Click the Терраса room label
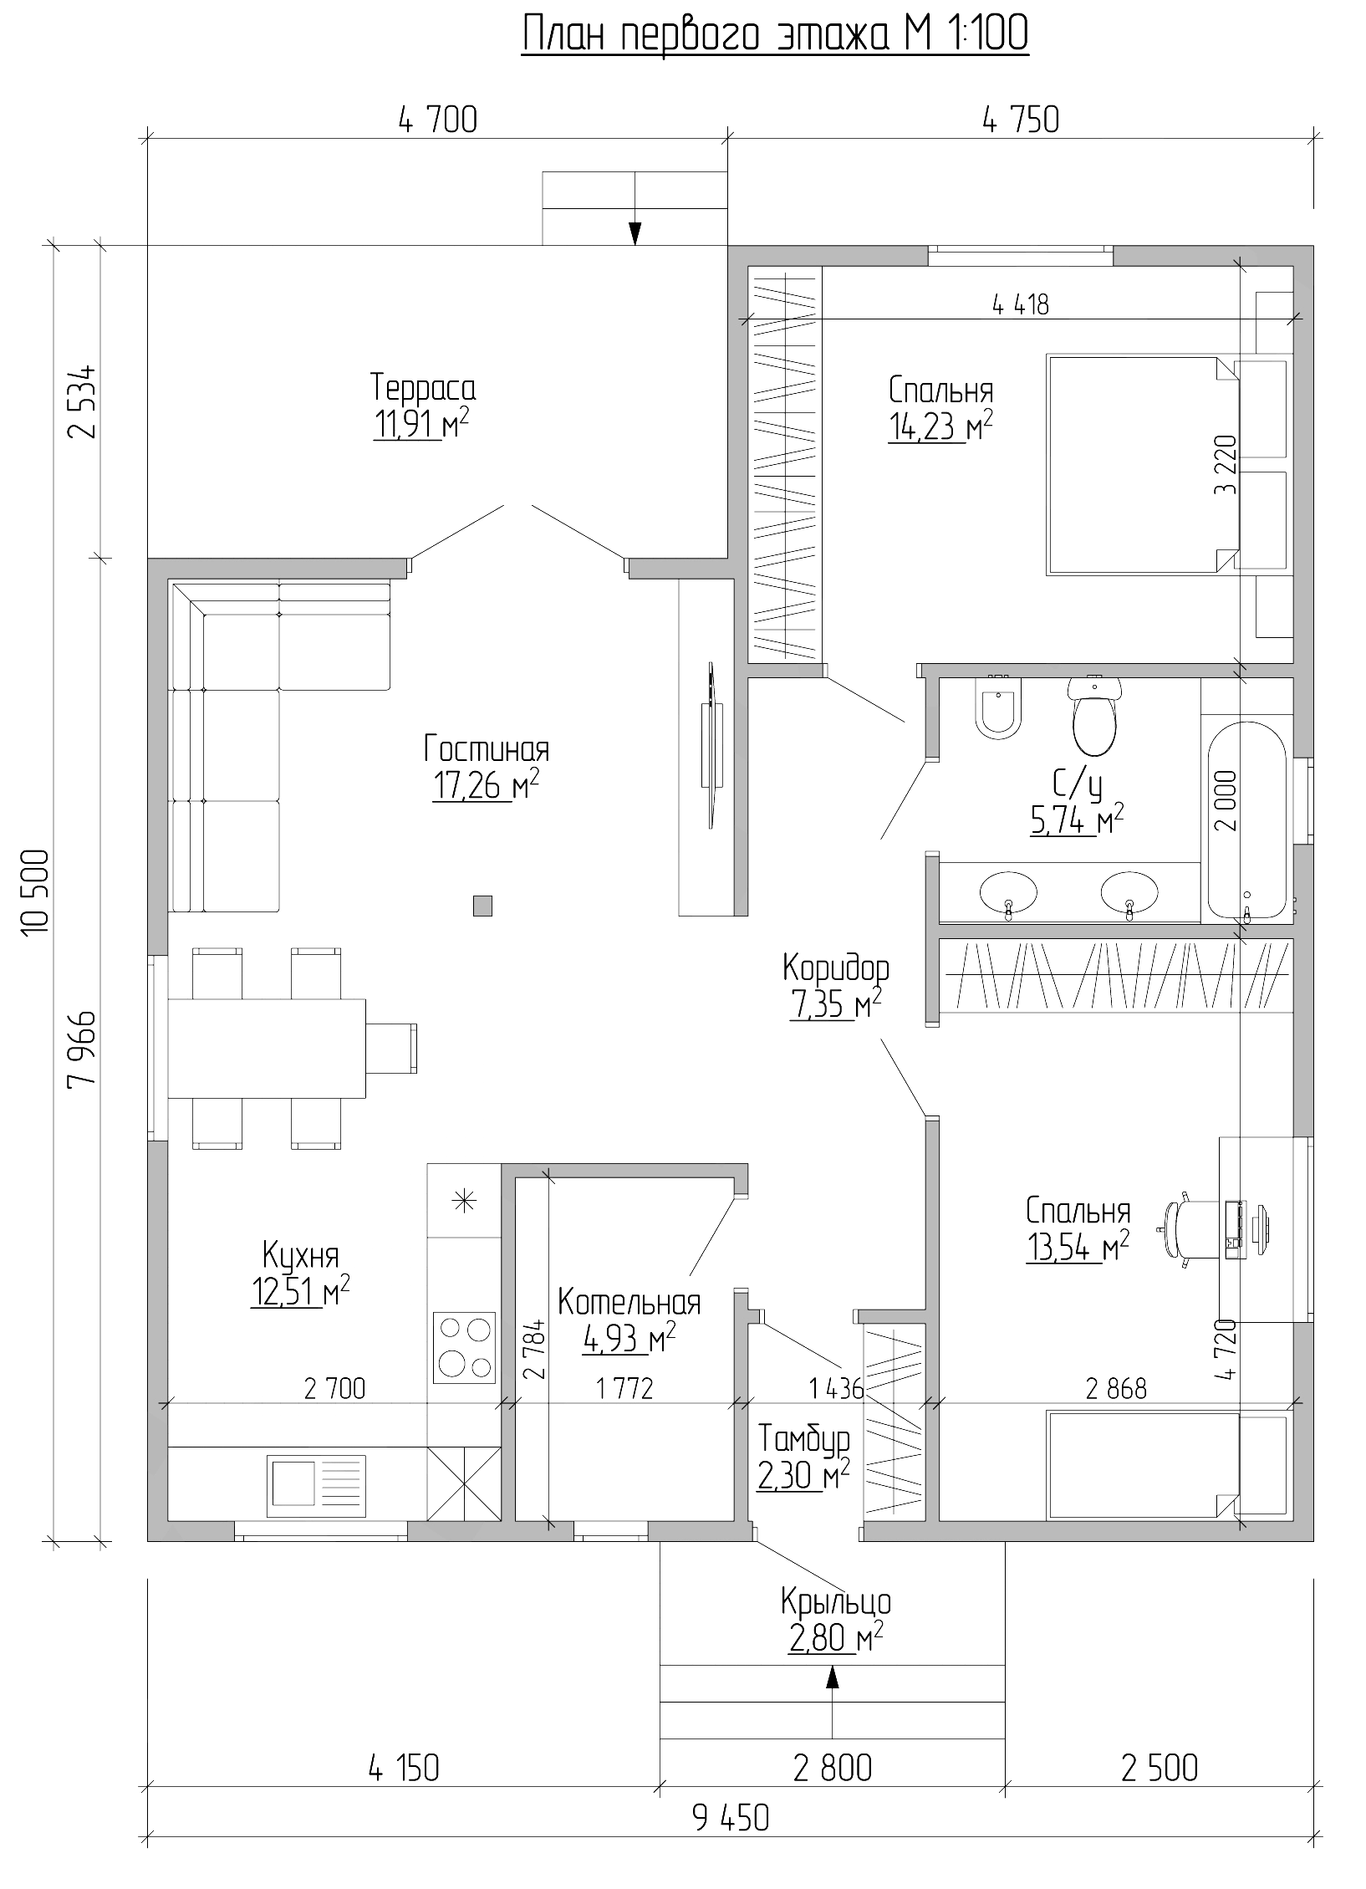(423, 389)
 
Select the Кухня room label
(300, 1257)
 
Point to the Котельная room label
(629, 1303)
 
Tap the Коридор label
(836, 967)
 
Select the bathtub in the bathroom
(1246, 821)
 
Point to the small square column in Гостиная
(482, 906)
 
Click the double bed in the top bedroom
(1142, 465)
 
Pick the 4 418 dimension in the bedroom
(1020, 305)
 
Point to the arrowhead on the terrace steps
(635, 232)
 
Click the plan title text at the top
(775, 35)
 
